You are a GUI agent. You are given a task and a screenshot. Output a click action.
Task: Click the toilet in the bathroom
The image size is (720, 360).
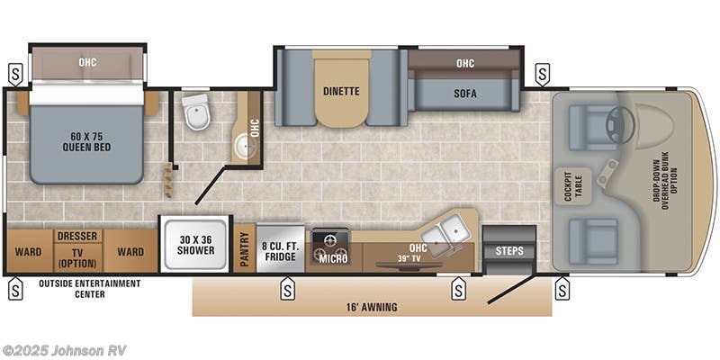[196, 112]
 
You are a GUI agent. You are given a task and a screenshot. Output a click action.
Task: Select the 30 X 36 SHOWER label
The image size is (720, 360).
[196, 245]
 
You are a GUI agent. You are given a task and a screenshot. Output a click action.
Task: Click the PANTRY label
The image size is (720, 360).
[244, 249]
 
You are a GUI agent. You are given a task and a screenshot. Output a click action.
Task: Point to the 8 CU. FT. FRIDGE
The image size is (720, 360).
[280, 248]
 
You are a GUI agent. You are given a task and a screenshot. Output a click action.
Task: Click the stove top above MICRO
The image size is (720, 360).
[330, 240]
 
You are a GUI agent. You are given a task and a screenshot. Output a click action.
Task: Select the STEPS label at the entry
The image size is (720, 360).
[509, 251]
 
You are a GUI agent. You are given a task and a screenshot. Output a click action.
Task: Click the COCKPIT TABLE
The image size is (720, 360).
[572, 186]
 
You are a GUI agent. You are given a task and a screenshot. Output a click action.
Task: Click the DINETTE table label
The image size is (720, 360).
[341, 91]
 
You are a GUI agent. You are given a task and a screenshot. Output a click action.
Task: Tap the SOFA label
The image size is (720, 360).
[465, 94]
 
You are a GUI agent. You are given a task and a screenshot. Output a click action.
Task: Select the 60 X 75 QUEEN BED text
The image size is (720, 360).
[86, 142]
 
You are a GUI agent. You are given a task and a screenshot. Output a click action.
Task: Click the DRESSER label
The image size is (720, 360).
[77, 236]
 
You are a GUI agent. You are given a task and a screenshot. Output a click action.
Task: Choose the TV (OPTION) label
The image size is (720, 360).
[77, 257]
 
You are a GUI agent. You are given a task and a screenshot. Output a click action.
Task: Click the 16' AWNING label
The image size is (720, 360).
[372, 307]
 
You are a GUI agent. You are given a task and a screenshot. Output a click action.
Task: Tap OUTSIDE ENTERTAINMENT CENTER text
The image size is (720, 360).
[89, 288]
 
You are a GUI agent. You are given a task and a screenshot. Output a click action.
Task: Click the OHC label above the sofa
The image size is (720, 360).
[465, 63]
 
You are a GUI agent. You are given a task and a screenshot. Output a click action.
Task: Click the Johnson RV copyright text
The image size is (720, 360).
[64, 350]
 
